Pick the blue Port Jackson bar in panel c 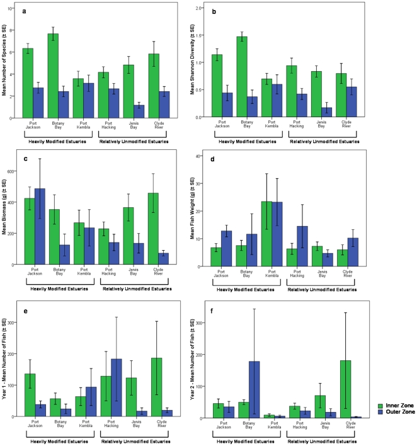[x=40, y=226]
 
